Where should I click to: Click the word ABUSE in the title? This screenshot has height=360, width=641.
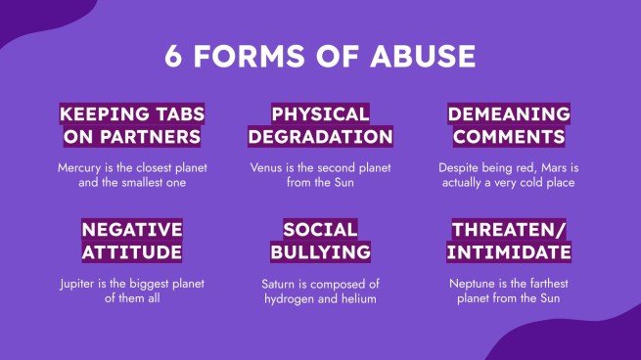point(427,56)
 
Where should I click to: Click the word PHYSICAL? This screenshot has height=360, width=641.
point(320,113)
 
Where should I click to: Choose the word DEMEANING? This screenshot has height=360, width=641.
point(510,113)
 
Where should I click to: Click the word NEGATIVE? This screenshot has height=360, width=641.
point(132,230)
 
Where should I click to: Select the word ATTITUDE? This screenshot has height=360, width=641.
point(132,252)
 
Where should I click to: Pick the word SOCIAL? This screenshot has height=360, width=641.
point(320,230)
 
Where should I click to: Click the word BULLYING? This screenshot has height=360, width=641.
point(320,252)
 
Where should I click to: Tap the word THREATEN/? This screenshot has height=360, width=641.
point(509,230)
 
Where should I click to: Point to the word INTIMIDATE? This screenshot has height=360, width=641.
point(509,252)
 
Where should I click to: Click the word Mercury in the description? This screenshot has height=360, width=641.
point(80,167)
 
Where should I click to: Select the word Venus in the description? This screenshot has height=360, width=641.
point(266,167)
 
